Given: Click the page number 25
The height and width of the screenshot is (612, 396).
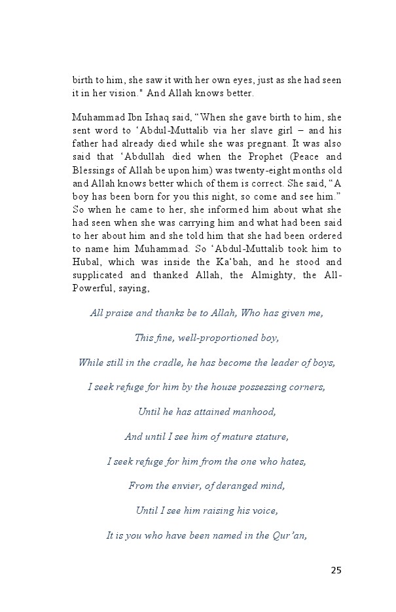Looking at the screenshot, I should (x=336, y=570).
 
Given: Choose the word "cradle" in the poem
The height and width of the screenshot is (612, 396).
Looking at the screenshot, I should (x=164, y=362).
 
